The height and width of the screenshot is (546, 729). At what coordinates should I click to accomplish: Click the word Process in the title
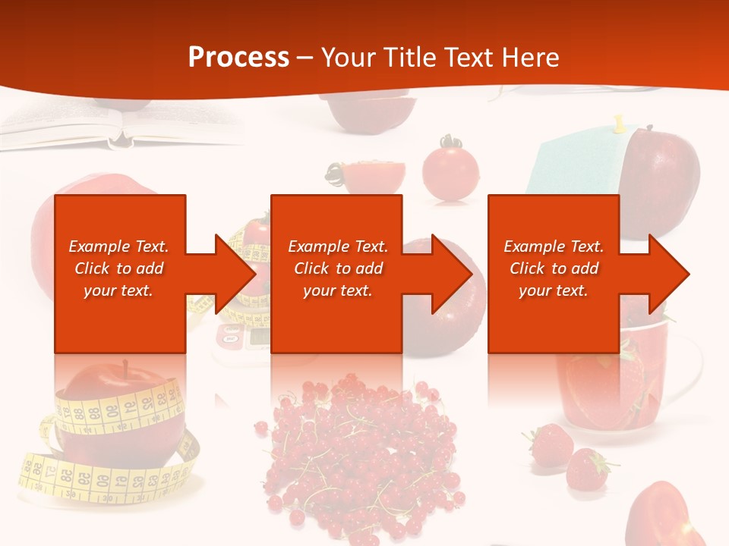click(238, 58)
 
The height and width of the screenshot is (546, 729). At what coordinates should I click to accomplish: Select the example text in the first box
click(119, 268)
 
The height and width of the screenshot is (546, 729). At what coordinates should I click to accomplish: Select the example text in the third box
click(554, 268)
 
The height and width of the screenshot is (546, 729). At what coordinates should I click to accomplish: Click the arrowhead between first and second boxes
click(232, 274)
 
